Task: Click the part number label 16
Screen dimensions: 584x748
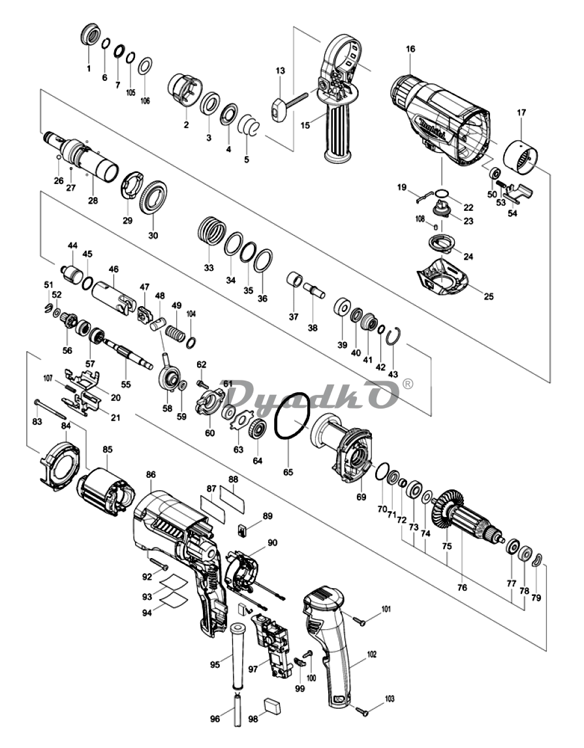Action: [x=410, y=49]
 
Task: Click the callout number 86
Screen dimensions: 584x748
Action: [x=151, y=475]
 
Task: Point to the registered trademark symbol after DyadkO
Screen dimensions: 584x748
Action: [x=408, y=384]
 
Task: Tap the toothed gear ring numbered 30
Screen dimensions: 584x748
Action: [x=153, y=198]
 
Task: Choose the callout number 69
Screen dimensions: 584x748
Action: [x=361, y=497]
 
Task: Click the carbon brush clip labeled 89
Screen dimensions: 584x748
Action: [x=243, y=530]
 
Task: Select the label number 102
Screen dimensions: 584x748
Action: [x=372, y=654]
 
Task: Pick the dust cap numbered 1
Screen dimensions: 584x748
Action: [x=91, y=35]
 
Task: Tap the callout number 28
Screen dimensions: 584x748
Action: [x=93, y=200]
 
